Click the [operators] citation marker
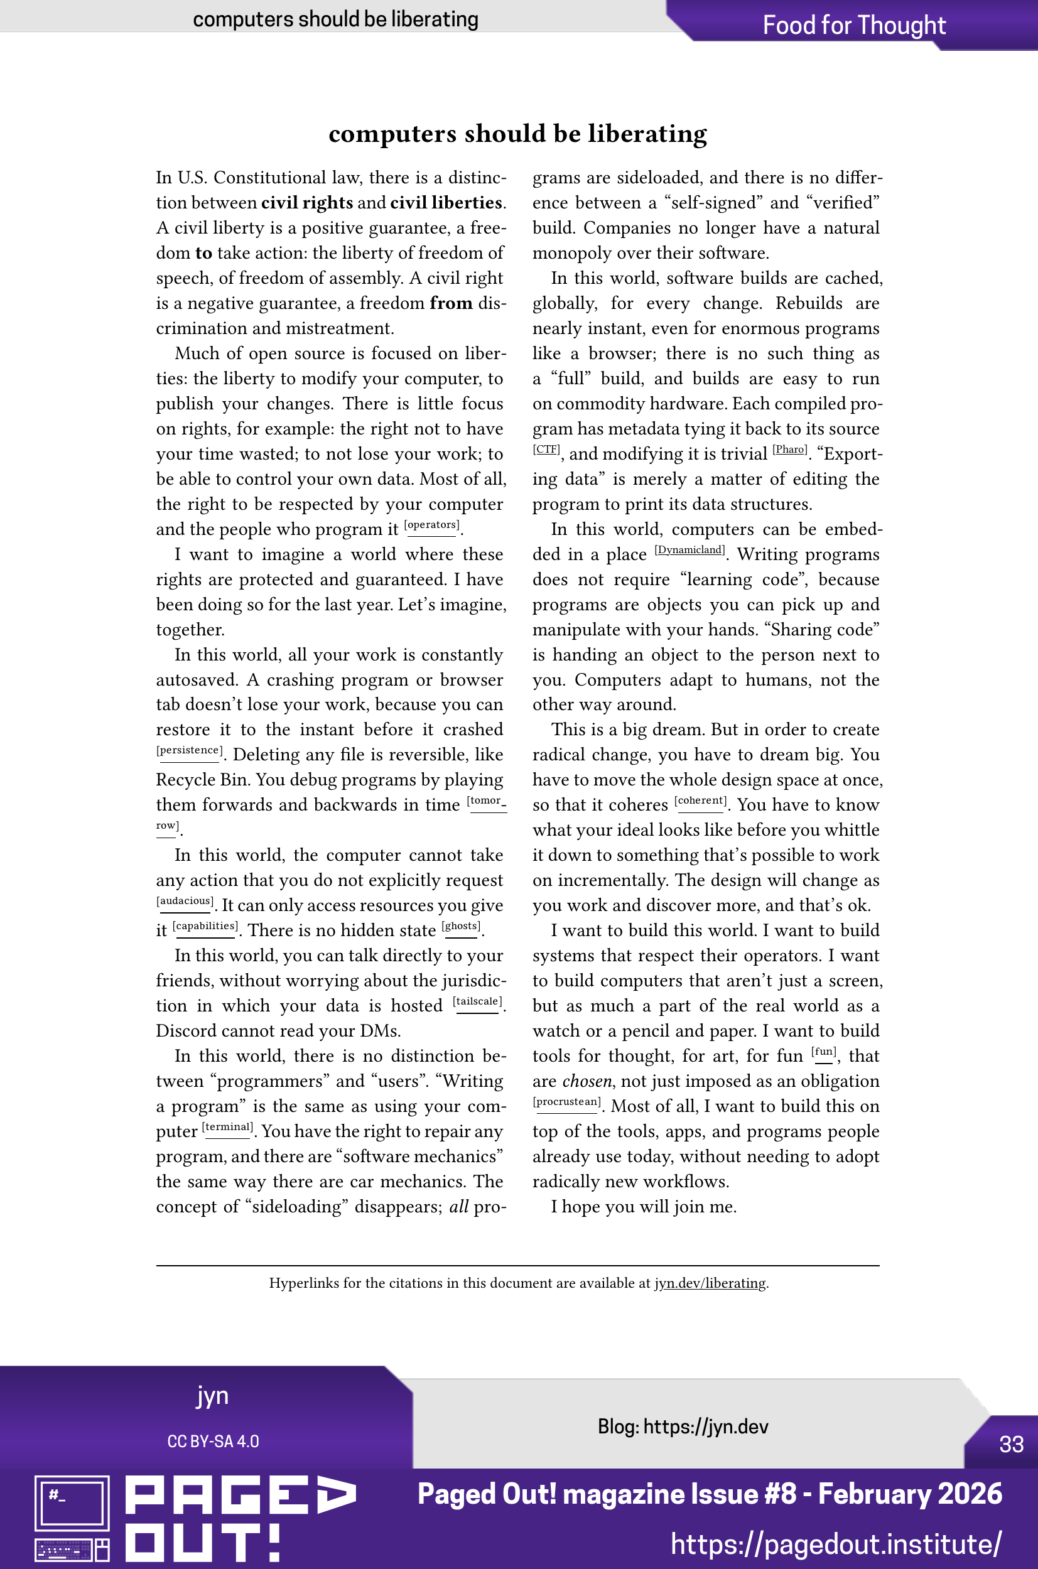coord(431,526)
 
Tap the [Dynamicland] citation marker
coord(689,551)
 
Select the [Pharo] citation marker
coord(790,450)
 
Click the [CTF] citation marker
coord(546,450)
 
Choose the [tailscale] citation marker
coord(477,1002)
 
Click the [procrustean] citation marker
coord(566,1103)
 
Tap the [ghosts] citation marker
coord(462,927)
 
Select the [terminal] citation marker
coord(227,1128)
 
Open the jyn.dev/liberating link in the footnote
coord(710,1283)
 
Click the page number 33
coord(1011,1444)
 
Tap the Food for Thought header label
coord(854,25)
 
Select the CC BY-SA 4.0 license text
coord(212,1442)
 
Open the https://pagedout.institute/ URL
coord(836,1544)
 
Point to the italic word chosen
coord(587,1081)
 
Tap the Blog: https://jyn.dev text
coord(683,1426)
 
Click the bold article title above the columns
coord(517,134)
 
